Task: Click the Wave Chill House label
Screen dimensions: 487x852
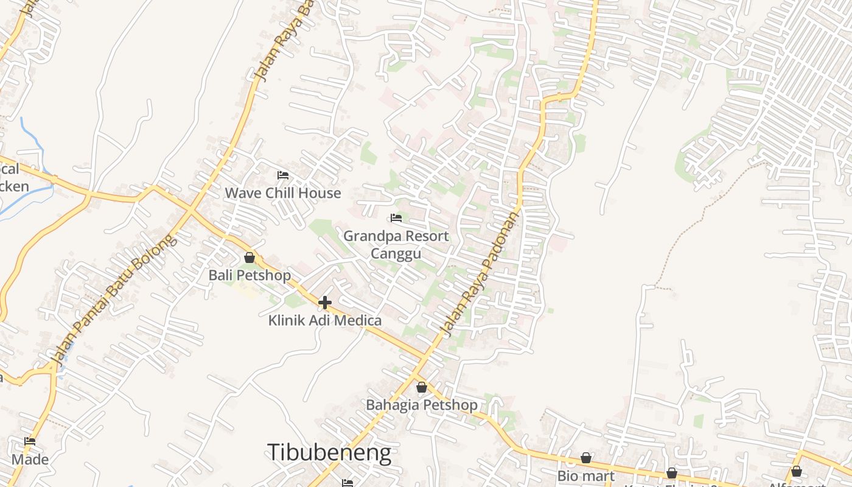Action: pos(283,193)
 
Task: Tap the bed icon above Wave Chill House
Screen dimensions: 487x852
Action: pos(283,175)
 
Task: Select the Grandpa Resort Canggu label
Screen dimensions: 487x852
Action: pos(396,244)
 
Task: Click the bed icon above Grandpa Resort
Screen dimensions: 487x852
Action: pos(396,218)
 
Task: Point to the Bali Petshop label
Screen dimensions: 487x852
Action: pos(250,275)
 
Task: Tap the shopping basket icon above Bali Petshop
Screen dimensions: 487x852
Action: pos(250,258)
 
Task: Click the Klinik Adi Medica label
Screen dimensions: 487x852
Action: pos(325,320)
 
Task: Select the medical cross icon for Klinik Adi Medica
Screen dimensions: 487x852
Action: pos(325,302)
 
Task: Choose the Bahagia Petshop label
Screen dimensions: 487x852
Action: pos(422,405)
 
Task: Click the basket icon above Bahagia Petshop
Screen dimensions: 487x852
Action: pos(422,387)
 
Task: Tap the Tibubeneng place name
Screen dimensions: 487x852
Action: pos(329,452)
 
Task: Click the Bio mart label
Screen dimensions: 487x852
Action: pos(586,475)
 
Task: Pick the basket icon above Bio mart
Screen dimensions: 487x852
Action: pos(586,458)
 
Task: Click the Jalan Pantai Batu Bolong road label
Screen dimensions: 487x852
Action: pos(113,300)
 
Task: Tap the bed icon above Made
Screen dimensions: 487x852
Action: pos(30,441)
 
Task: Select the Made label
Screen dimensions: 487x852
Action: pos(30,460)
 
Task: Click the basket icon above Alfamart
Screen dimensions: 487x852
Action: pos(796,471)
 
